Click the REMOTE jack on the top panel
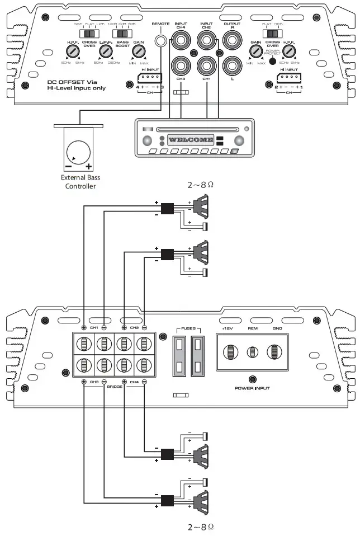pos(162,40)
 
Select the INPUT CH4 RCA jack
pos(181,40)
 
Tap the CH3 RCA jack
pos(181,65)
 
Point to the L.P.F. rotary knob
pos(104,52)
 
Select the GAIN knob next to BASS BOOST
pos(138,52)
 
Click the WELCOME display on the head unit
pos(191,140)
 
